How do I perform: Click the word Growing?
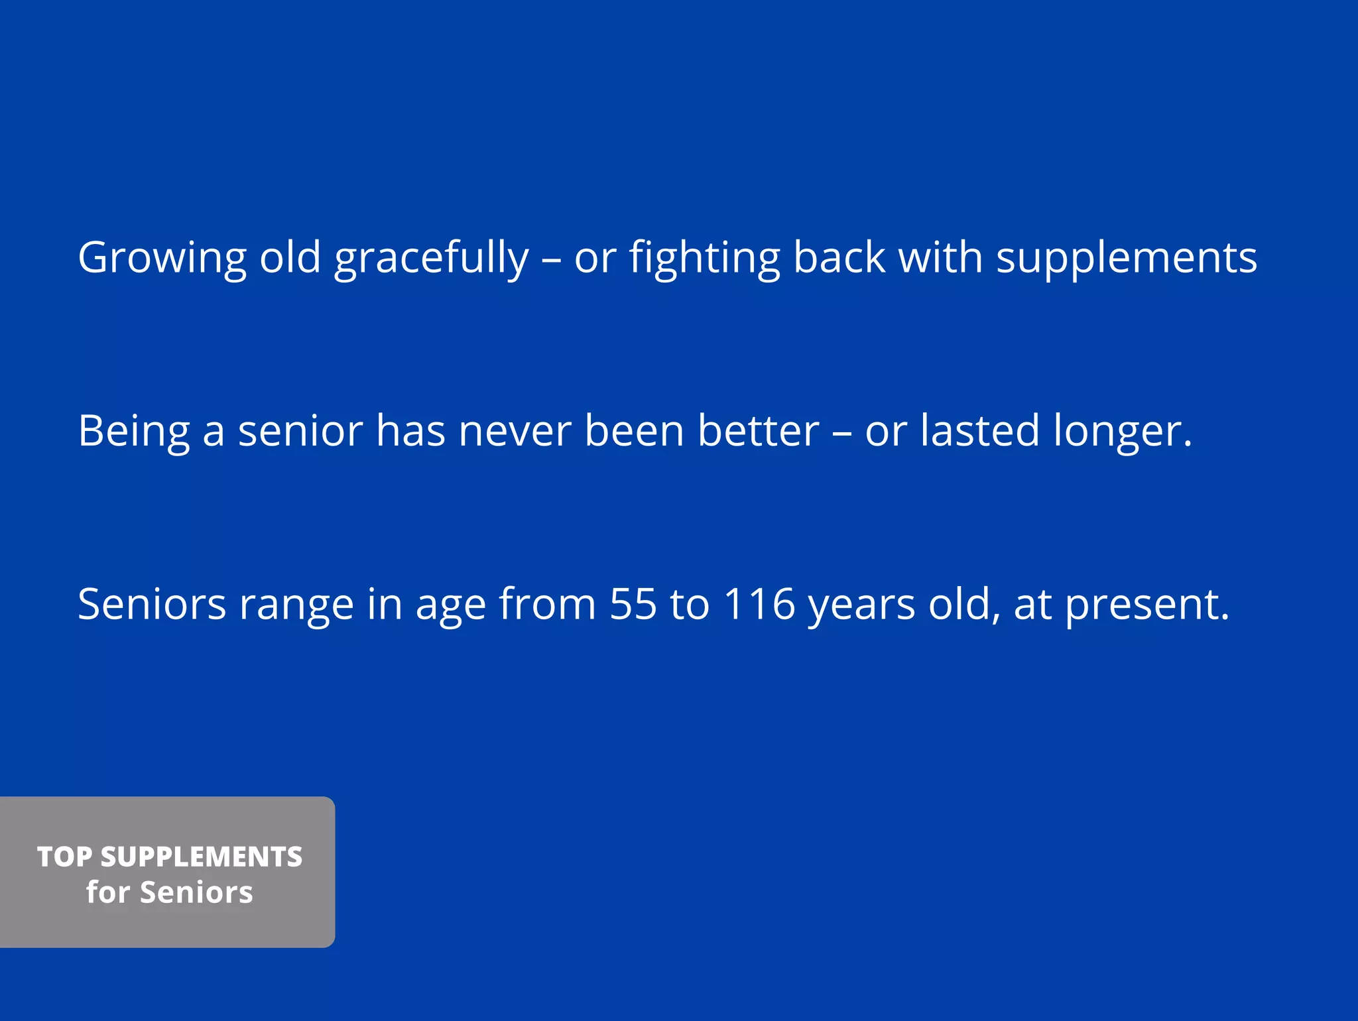162,258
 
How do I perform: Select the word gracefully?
431,258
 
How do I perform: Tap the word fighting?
705,258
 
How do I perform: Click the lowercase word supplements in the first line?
1127,258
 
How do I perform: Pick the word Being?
133,432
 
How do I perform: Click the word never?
514,432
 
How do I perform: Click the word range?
296,605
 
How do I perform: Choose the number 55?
633,604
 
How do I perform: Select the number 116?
759,604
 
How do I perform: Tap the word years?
861,605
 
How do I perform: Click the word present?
1147,605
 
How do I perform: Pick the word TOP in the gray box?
64,857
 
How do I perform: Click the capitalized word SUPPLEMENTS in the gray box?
202,857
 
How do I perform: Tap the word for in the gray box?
107,892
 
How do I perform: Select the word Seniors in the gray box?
196,892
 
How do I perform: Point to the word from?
547,604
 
